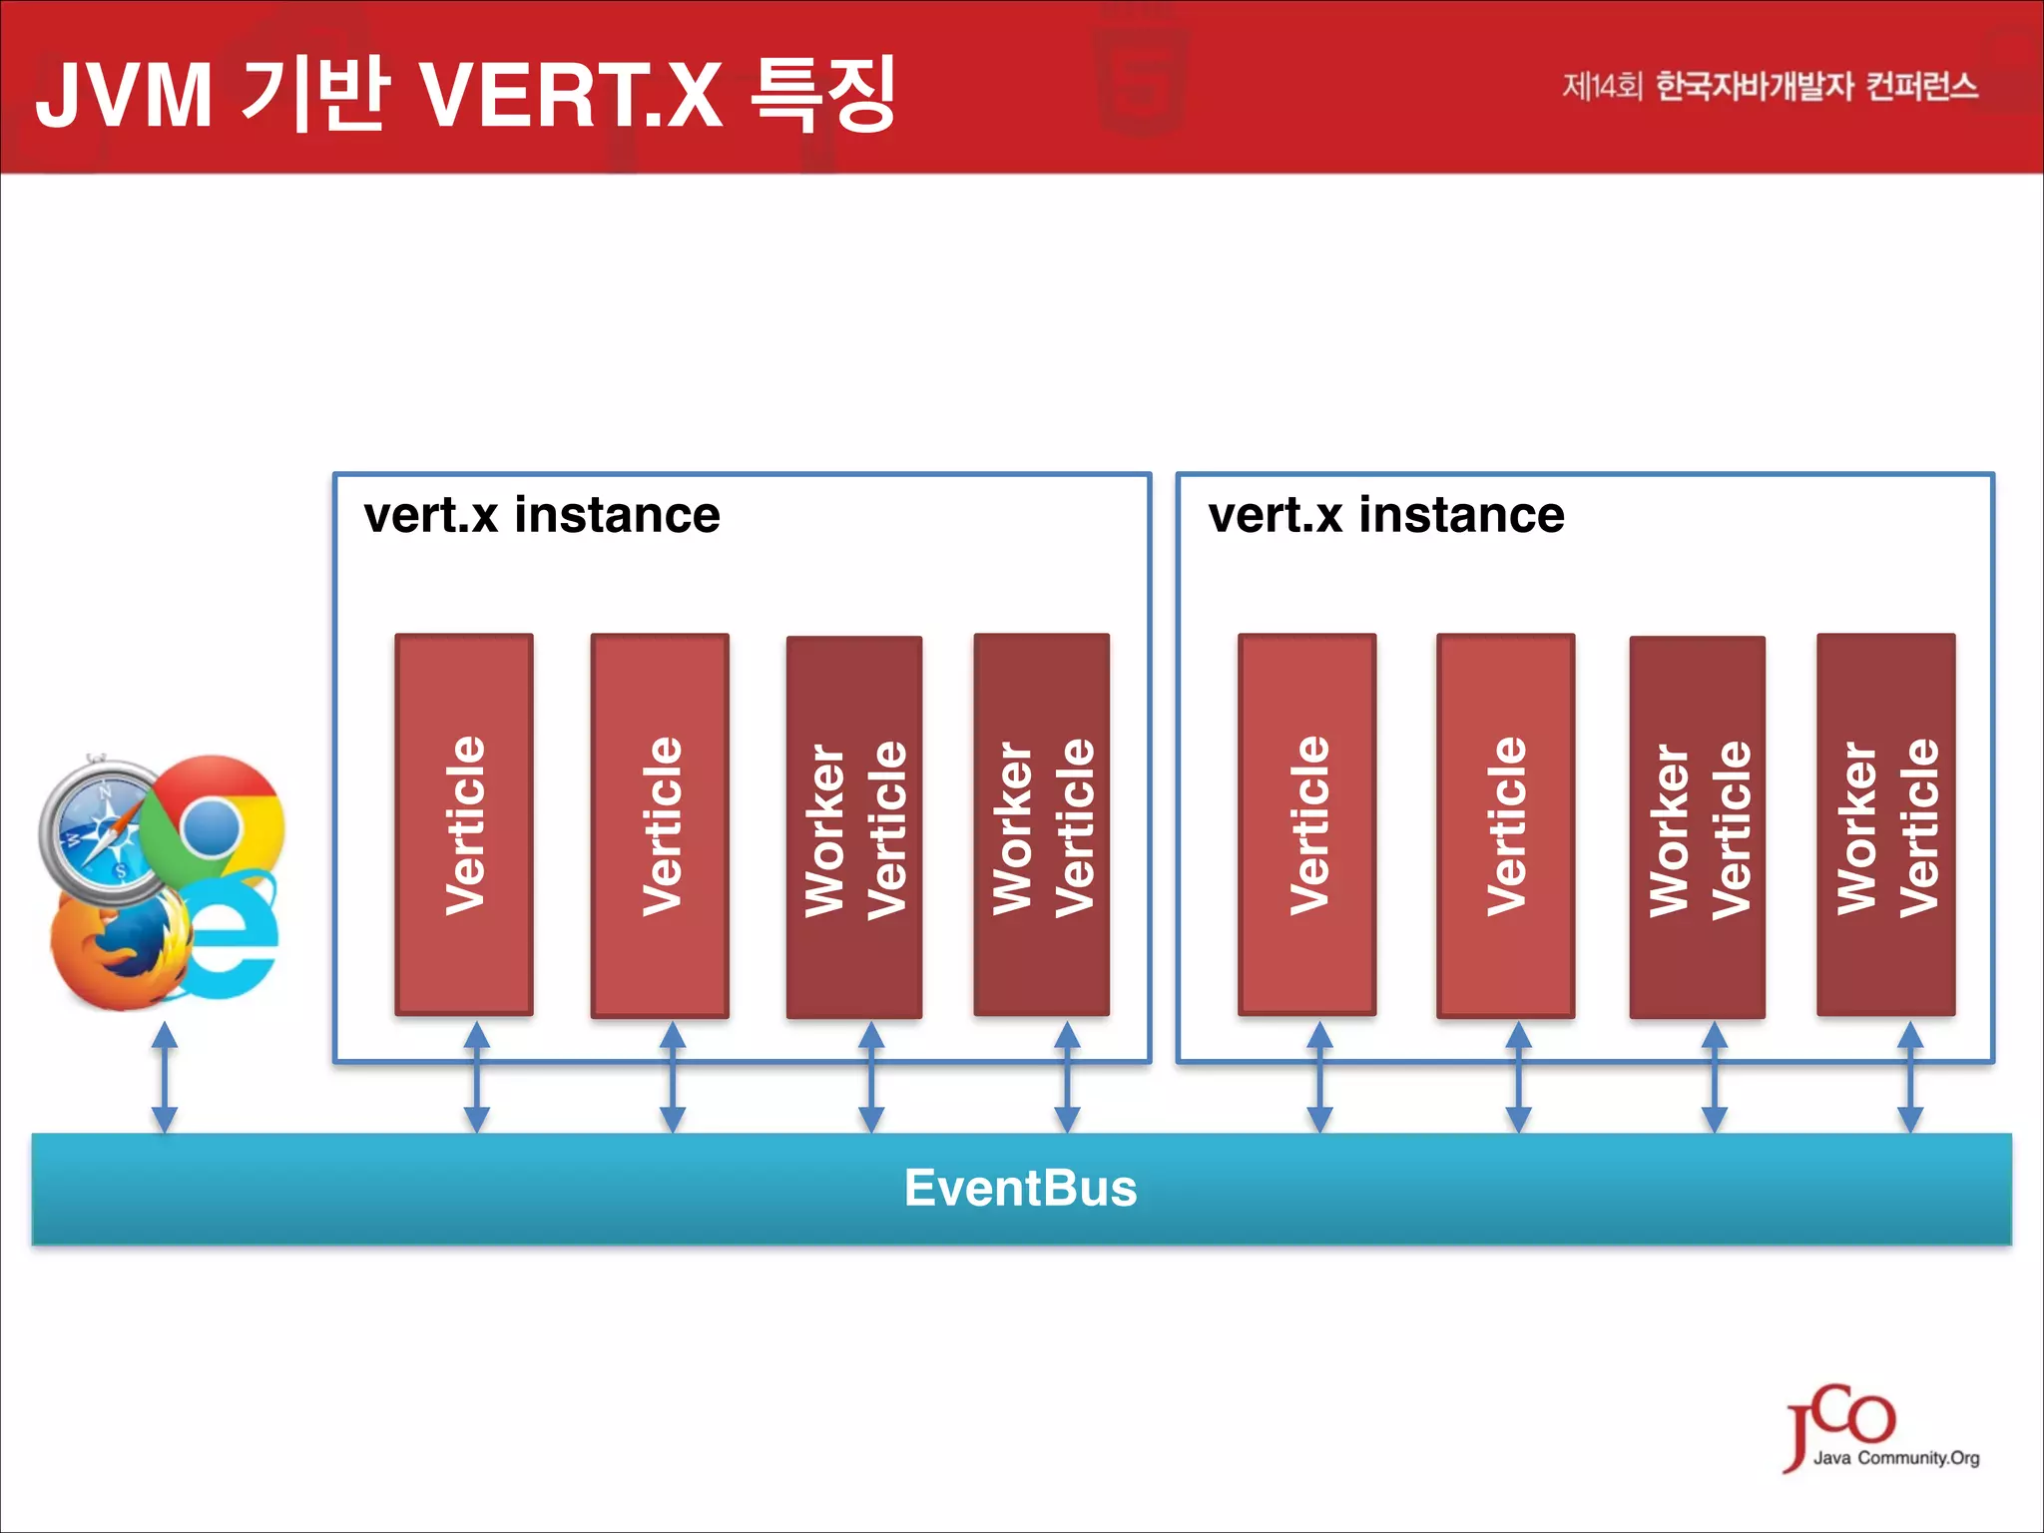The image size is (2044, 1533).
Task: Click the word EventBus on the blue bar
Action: coord(1020,1188)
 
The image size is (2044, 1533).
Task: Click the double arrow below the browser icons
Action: coord(165,1078)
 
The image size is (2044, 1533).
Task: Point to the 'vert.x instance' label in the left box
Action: coord(541,516)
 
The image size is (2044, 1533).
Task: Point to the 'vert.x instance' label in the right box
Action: coord(1385,516)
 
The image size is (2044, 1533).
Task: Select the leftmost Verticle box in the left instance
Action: coord(464,824)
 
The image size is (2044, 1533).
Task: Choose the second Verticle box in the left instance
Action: coord(660,824)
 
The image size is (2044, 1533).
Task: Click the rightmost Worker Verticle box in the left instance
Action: coord(1041,824)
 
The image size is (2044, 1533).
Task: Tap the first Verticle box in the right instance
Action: coord(1307,824)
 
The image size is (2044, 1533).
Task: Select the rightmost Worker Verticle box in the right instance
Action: coord(1885,824)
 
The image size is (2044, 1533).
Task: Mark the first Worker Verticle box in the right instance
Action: coord(1697,826)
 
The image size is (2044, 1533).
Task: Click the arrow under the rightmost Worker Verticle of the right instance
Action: coord(1910,1078)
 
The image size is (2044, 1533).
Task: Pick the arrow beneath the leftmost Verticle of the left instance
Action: coord(477,1078)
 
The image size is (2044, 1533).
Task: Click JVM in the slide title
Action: coord(124,95)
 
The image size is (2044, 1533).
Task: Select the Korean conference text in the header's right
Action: coord(1769,87)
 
